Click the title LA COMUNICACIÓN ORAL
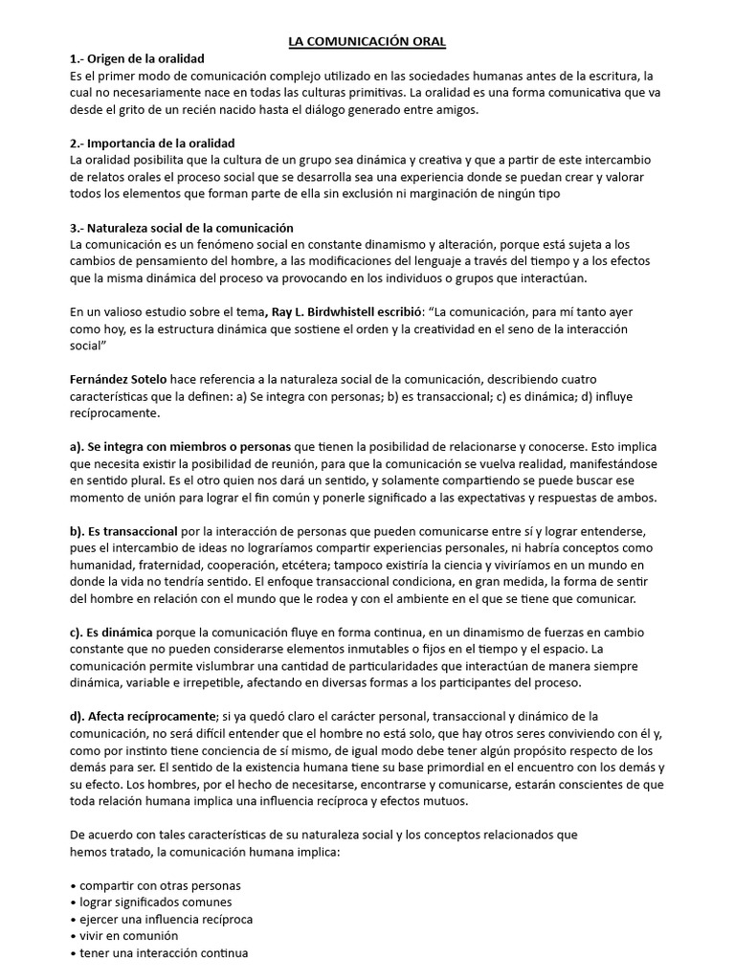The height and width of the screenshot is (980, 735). click(368, 42)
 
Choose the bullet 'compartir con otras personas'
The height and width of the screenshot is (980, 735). click(159, 884)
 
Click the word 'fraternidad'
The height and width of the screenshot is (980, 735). click(173, 564)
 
